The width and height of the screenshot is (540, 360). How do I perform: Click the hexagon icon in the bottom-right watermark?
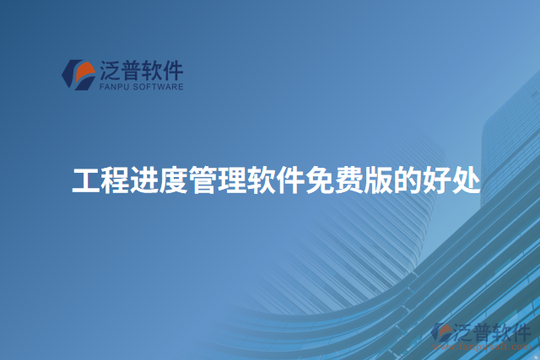[x=440, y=333]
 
